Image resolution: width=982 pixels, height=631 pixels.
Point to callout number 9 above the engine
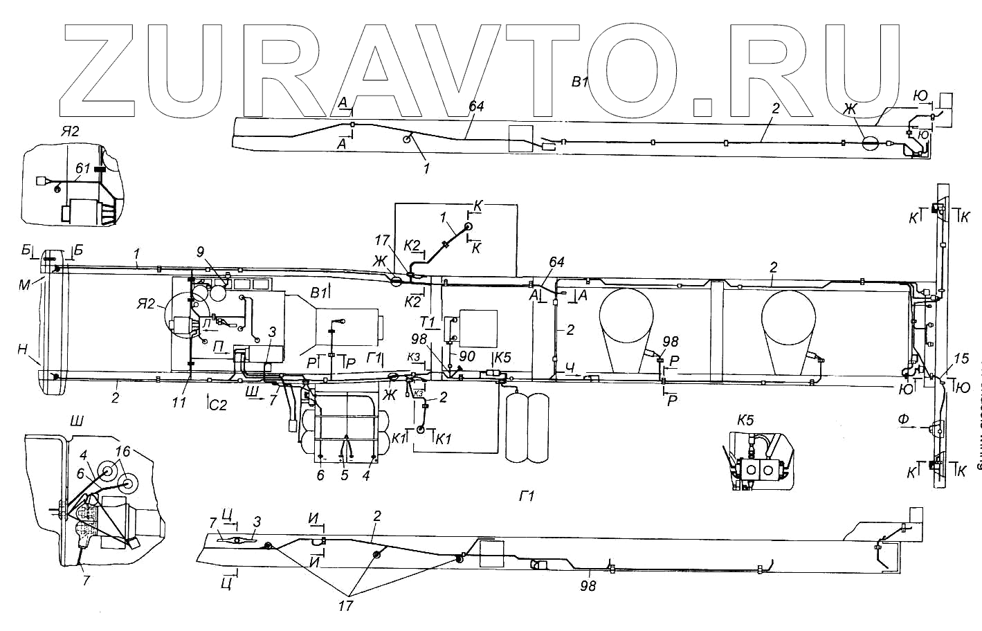(x=200, y=253)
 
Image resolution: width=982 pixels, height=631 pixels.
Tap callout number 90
(x=467, y=356)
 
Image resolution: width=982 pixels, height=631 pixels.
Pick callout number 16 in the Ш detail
(x=122, y=450)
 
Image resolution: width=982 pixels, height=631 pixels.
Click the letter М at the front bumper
(x=26, y=283)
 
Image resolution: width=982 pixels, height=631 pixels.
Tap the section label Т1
(x=427, y=322)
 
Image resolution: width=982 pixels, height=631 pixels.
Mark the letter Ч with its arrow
(x=569, y=369)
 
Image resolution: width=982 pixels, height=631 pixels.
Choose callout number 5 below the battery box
(x=344, y=475)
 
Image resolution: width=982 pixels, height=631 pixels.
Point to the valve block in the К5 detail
(x=758, y=470)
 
